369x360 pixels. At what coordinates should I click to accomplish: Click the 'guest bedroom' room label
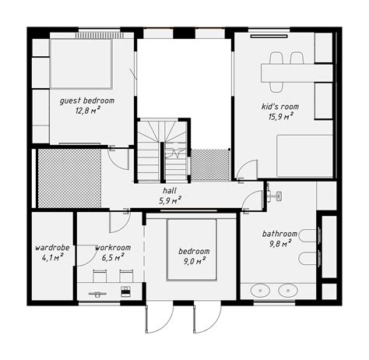(87, 101)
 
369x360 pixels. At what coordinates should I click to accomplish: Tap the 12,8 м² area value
(87, 111)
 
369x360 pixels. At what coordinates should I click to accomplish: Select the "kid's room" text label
(279, 107)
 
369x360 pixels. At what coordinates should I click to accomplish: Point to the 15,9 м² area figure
(279, 116)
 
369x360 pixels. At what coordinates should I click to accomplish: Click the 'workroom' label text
(113, 248)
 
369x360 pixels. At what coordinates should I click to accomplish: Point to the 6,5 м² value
(113, 257)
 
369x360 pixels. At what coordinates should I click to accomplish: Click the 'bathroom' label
(279, 234)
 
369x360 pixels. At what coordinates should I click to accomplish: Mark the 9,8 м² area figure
(279, 243)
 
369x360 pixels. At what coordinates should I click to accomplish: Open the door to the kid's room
(247, 170)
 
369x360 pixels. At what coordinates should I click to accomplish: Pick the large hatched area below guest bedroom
(69, 178)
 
